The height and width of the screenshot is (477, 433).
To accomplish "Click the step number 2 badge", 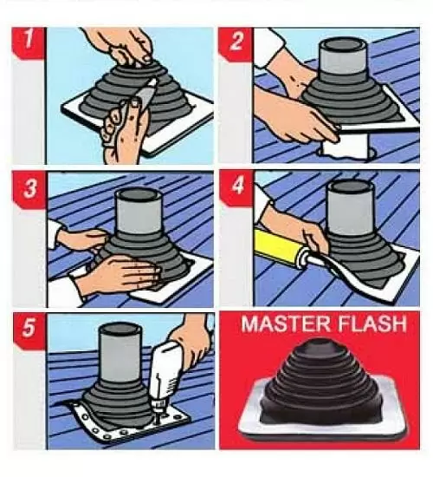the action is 236,42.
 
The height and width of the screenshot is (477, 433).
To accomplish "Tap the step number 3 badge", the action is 29,188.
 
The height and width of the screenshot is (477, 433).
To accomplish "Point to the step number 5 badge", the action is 29,330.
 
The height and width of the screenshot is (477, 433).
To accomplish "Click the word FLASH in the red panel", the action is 372,323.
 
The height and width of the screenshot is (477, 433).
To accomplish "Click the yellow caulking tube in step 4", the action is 278,249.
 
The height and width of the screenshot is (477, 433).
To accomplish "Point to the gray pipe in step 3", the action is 139,211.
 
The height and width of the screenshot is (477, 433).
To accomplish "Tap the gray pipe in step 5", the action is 121,352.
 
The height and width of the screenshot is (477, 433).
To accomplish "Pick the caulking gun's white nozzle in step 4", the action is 305,259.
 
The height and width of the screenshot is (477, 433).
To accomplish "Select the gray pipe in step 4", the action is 351,206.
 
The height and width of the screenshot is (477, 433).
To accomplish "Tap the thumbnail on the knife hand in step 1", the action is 133,104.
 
